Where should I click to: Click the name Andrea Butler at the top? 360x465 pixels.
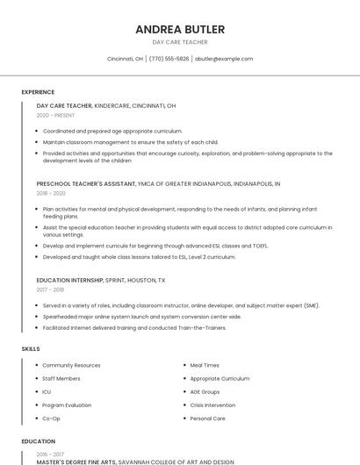pyautogui.click(x=180, y=30)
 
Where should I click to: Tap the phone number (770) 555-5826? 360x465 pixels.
pyautogui.click(x=169, y=59)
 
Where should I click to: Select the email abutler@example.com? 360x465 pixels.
pyautogui.click(x=224, y=59)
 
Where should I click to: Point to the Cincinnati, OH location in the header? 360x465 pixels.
pyautogui.click(x=125, y=59)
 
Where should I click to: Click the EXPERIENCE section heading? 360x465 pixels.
pyautogui.click(x=38, y=92)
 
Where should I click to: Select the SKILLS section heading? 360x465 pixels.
pyautogui.click(x=31, y=349)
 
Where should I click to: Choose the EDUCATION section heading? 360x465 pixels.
pyautogui.click(x=38, y=441)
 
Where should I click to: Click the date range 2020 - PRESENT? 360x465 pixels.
pyautogui.click(x=56, y=115)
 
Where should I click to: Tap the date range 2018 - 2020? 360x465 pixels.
pyautogui.click(x=51, y=193)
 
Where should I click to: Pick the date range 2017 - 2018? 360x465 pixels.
pyautogui.click(x=50, y=289)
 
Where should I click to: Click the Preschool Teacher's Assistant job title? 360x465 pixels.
pyautogui.click(x=86, y=184)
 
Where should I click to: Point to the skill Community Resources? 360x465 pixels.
pyautogui.click(x=71, y=365)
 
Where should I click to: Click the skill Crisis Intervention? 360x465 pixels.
pyautogui.click(x=212, y=405)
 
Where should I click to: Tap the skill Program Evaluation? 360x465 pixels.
pyautogui.click(x=67, y=405)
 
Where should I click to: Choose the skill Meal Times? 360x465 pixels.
pyautogui.click(x=205, y=365)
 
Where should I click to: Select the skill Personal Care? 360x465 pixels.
pyautogui.click(x=208, y=418)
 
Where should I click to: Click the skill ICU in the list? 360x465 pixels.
pyautogui.click(x=47, y=392)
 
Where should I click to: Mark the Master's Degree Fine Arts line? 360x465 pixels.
pyautogui.click(x=135, y=461)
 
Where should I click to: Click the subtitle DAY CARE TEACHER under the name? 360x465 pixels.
pyautogui.click(x=180, y=42)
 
